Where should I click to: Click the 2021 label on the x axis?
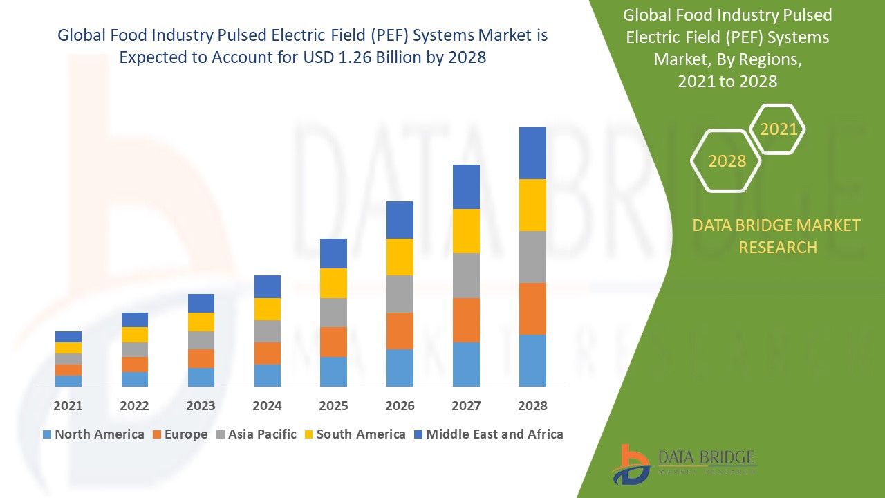pos(68,405)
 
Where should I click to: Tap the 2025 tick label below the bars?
pos(333,405)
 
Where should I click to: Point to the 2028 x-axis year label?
pos(532,405)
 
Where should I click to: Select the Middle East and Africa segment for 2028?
pos(532,153)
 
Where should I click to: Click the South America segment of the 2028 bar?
pos(532,205)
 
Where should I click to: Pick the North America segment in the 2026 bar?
pos(400,367)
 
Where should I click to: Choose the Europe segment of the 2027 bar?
pos(466,320)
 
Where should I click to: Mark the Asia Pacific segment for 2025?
pos(333,312)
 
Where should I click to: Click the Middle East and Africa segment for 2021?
pos(68,336)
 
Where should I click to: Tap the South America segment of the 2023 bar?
pos(201,322)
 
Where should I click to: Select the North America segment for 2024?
pos(268,375)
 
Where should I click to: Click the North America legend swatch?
pos(47,434)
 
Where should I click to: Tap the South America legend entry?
pos(354,434)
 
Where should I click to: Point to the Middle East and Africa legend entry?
pos(487,434)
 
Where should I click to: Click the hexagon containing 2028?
pos(726,160)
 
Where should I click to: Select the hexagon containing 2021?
pos(778,129)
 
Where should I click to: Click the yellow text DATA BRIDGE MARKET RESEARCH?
pos(777,236)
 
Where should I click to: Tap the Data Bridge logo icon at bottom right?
pos(631,463)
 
